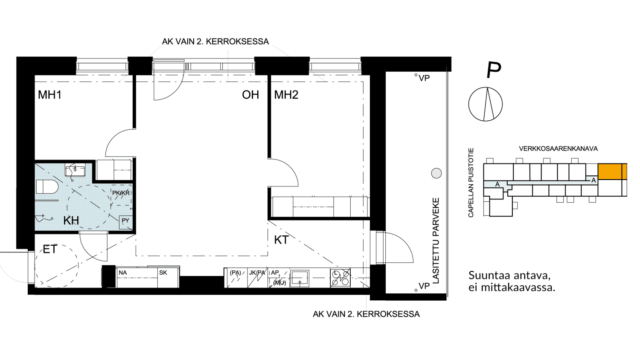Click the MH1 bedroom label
(50, 95)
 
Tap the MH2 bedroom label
(286, 95)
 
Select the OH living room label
(250, 95)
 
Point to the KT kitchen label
(282, 240)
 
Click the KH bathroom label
(71, 221)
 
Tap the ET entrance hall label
(50, 249)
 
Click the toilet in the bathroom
(47, 187)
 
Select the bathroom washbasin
(75, 170)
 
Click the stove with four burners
(340, 278)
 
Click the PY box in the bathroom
(125, 223)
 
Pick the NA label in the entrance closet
(122, 273)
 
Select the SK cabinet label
(163, 273)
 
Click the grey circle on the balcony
(436, 173)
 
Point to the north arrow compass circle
(486, 104)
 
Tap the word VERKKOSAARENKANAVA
(558, 149)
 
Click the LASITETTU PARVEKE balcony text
(436, 241)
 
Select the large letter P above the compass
(494, 70)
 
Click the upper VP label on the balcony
(424, 78)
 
